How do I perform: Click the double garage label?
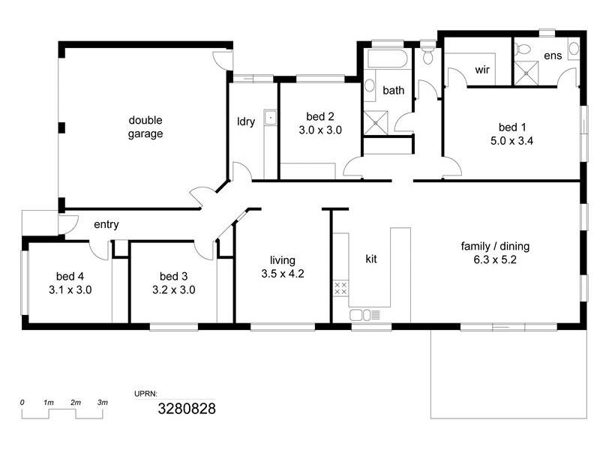pyautogui.click(x=145, y=127)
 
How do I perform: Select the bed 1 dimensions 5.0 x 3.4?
pyautogui.click(x=511, y=140)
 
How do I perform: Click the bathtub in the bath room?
pyautogui.click(x=386, y=59)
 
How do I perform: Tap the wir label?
pyautogui.click(x=483, y=70)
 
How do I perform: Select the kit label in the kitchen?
pyautogui.click(x=370, y=259)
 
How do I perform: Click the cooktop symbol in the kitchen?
pyautogui.click(x=340, y=287)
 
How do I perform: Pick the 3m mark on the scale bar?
pyautogui.click(x=103, y=403)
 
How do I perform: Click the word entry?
pyautogui.click(x=106, y=224)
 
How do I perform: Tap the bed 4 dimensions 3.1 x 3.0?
pyautogui.click(x=70, y=289)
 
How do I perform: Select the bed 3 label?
pyautogui.click(x=173, y=275)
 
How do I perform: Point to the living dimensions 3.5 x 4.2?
pyautogui.click(x=282, y=274)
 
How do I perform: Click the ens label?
pyautogui.click(x=552, y=55)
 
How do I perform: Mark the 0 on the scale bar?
pyautogui.click(x=22, y=403)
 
